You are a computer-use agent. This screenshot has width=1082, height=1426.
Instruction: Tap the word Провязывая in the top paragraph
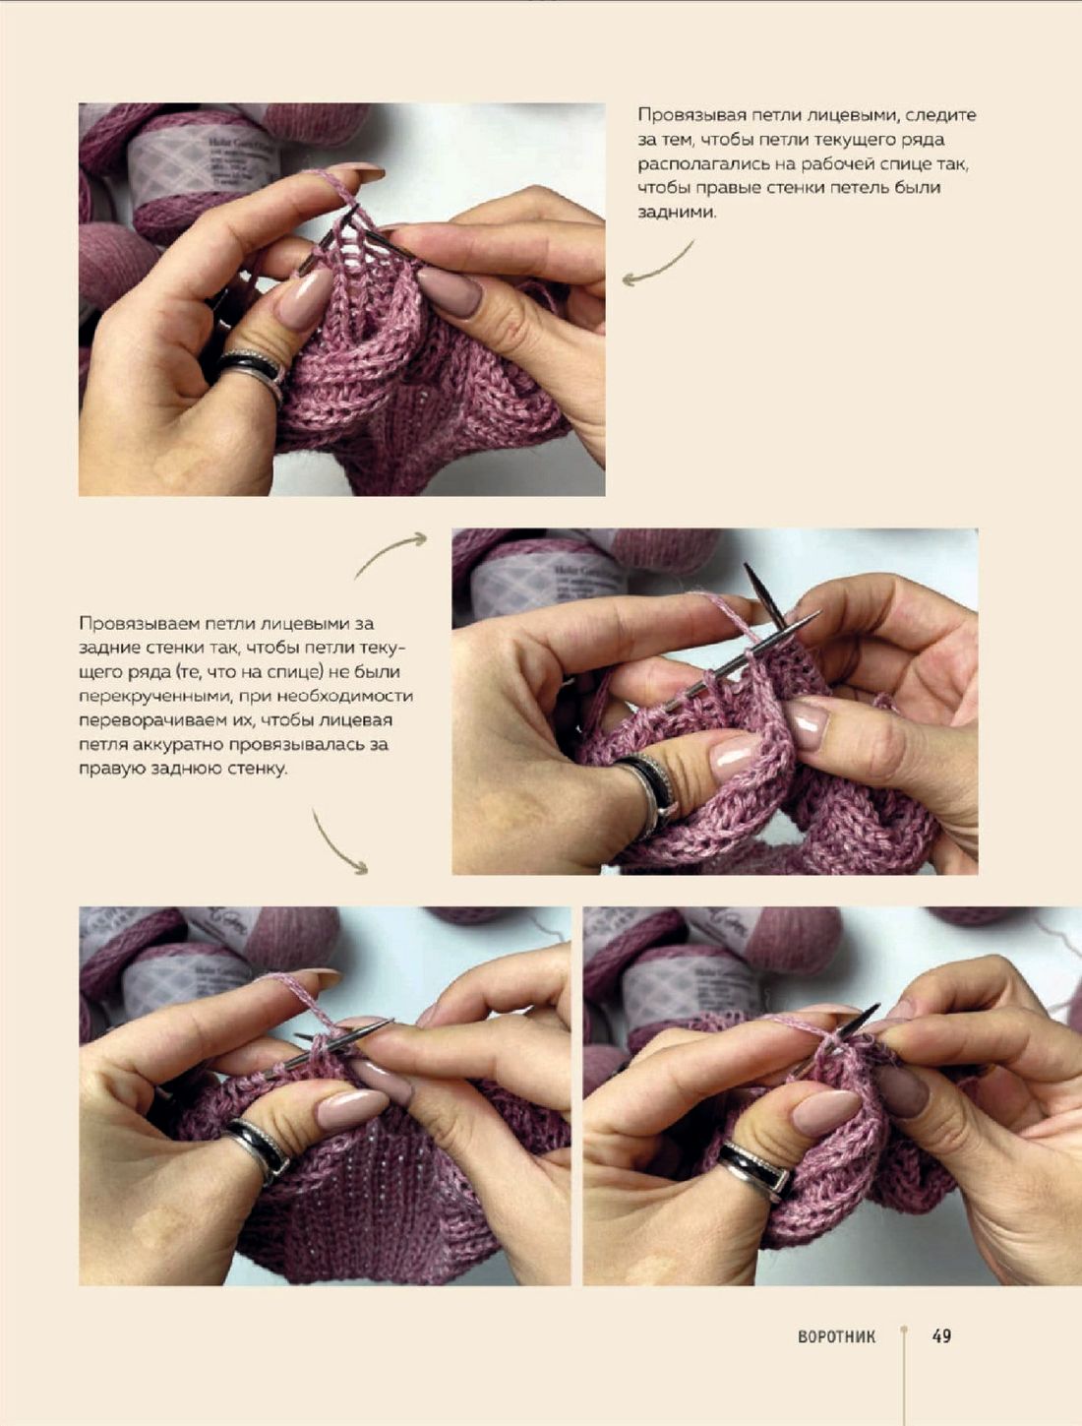click(686, 116)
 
